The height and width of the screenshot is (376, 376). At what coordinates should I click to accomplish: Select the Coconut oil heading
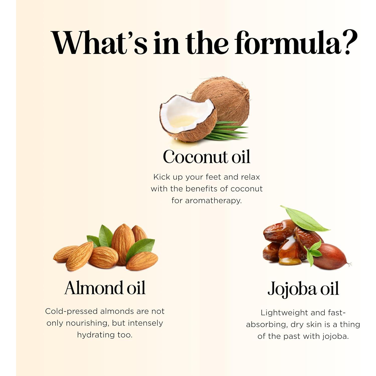tap(207, 157)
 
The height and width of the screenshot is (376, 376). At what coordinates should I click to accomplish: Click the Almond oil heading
tap(105, 288)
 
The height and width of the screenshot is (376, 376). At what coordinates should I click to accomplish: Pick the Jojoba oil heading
tap(303, 289)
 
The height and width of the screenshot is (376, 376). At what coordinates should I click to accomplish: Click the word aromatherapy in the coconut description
tap(207, 201)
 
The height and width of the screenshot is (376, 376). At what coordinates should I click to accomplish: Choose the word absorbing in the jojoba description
tap(267, 325)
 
